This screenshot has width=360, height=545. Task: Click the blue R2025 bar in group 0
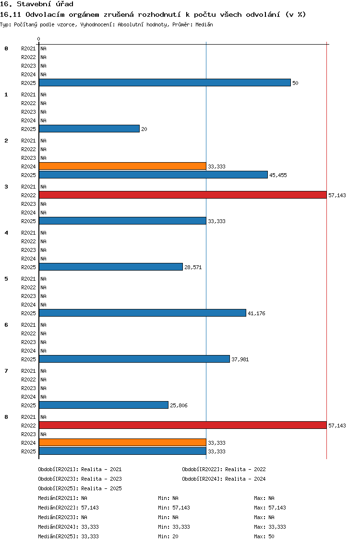[x=165, y=83]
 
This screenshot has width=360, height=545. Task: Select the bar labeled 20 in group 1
[x=89, y=129]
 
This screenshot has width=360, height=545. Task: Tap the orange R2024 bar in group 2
[x=123, y=166]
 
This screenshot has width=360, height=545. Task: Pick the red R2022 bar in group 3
[x=183, y=195]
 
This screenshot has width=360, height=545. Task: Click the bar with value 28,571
[x=111, y=267]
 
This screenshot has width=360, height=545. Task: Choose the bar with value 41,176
[x=143, y=313]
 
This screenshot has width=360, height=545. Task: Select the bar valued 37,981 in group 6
[x=134, y=359]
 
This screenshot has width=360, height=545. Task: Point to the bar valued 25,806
[x=104, y=405]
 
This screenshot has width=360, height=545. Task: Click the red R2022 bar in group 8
[x=183, y=426]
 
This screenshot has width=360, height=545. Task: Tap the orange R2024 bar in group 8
[x=123, y=443]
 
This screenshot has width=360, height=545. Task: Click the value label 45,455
[x=278, y=175]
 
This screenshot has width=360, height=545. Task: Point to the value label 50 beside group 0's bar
[x=295, y=83]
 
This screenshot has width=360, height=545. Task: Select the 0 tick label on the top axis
[x=38, y=39]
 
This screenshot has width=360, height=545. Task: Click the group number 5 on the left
[x=6, y=279]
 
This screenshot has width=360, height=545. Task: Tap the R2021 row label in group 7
[x=28, y=371]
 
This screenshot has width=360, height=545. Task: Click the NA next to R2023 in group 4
[x=44, y=250]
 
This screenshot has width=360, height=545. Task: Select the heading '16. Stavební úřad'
[x=36, y=4]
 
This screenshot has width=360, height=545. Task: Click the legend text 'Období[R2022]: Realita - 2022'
[x=224, y=469]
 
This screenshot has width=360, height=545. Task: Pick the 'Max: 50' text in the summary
[x=264, y=536]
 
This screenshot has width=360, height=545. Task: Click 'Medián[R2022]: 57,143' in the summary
[x=69, y=508]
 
